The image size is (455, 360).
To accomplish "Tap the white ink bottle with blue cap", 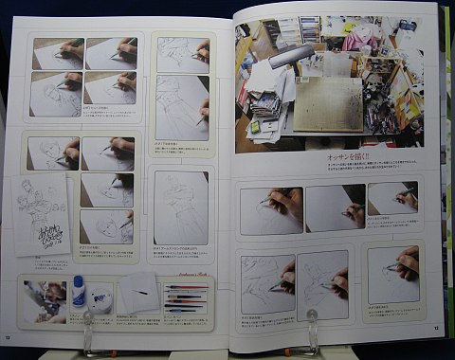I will [79, 291].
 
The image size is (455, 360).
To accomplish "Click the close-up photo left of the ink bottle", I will [42, 294].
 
